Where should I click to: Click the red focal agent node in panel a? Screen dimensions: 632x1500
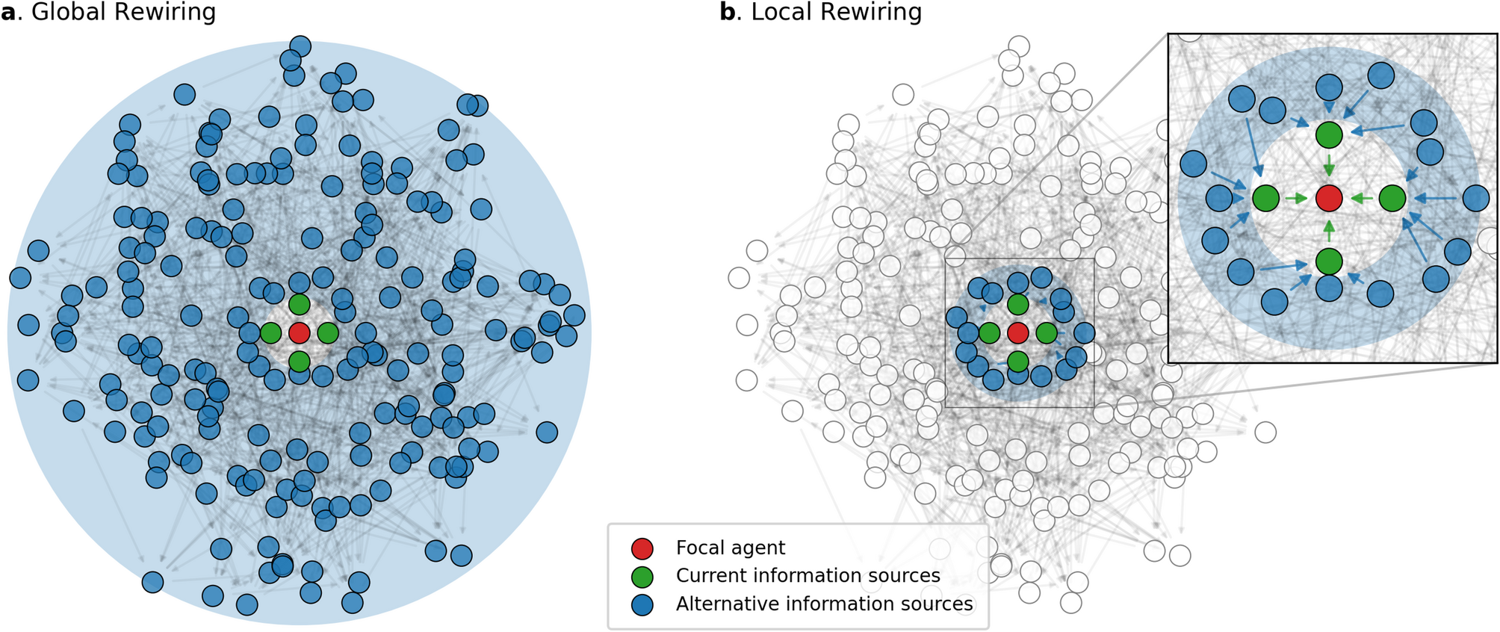coord(299,333)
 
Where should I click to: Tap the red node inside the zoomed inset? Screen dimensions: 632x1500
coord(1329,198)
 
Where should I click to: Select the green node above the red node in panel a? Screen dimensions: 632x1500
coord(299,304)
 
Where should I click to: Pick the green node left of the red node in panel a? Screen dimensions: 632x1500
coord(270,333)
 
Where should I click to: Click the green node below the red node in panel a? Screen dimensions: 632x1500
coord(299,362)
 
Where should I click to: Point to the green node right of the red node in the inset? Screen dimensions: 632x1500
coord(1392,198)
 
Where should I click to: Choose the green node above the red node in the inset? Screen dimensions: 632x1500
coord(1329,134)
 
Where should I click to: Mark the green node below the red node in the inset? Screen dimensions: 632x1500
coord(1329,261)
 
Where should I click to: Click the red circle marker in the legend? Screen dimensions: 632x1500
coord(642,548)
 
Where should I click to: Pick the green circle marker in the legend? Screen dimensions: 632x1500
coord(642,577)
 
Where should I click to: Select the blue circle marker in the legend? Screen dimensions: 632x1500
coord(642,604)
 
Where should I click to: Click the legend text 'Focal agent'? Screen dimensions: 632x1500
coord(730,548)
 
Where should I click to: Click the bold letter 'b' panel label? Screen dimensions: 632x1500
coord(727,13)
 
